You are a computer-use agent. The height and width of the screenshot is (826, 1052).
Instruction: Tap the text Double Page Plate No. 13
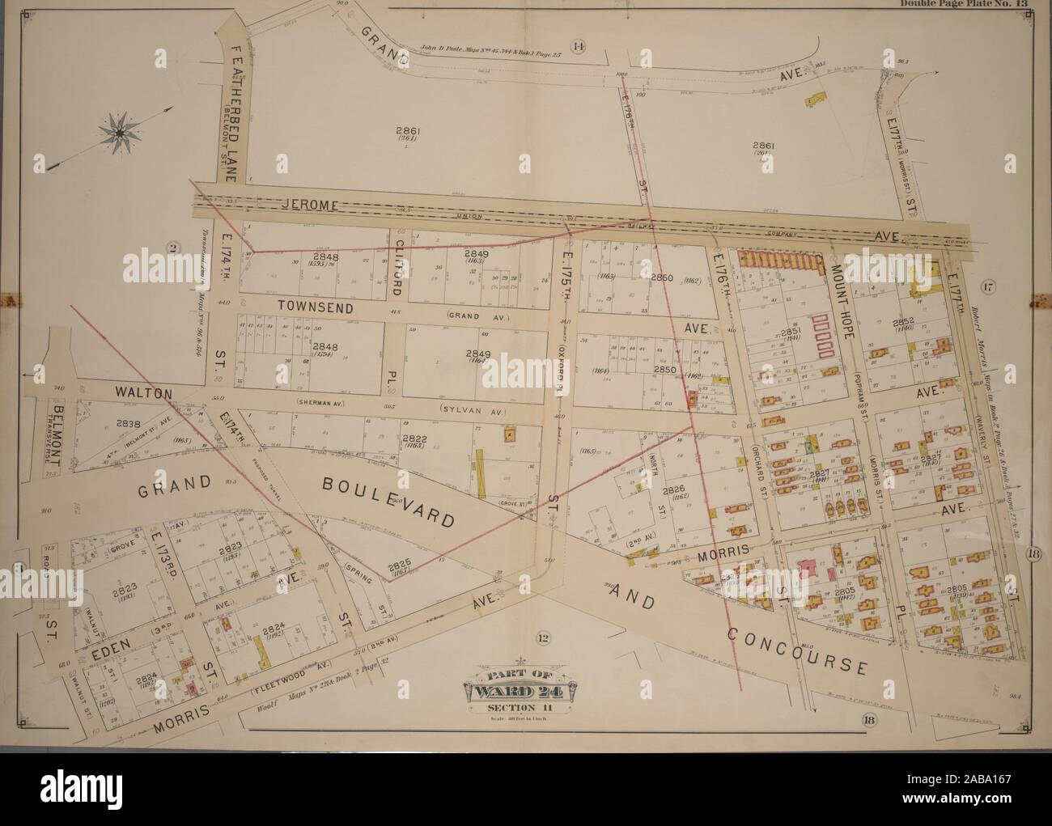(x=963, y=4)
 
